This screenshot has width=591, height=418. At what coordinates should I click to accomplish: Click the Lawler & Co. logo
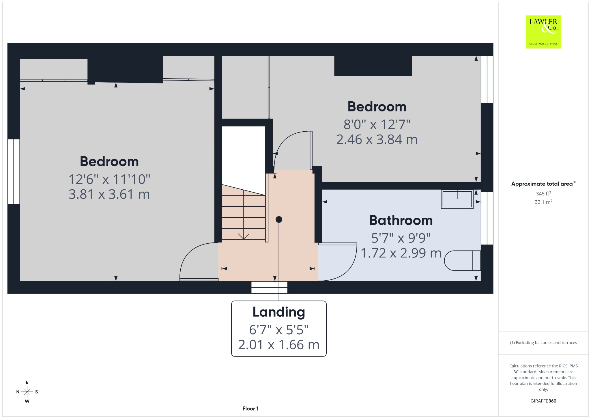click(543, 32)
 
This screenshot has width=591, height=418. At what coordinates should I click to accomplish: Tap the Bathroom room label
click(401, 220)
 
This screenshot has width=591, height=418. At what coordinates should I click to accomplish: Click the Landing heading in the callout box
click(279, 312)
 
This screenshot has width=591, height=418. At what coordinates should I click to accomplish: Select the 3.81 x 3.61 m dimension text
click(109, 194)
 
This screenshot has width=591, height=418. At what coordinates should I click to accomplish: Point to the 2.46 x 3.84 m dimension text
click(377, 139)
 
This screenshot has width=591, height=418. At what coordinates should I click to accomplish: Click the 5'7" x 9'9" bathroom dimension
click(401, 238)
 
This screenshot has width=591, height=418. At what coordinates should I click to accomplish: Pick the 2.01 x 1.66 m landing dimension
click(279, 345)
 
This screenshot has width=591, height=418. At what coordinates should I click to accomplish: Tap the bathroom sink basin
click(457, 199)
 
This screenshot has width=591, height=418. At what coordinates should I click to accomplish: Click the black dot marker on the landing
click(279, 220)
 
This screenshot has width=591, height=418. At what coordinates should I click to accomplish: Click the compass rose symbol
click(27, 392)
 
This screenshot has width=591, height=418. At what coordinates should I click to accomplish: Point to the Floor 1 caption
click(250, 408)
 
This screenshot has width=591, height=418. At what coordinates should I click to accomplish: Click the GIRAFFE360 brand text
click(543, 401)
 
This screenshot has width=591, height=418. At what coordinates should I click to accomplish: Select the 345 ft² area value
click(543, 193)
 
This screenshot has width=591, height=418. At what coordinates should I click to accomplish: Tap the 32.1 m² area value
click(543, 202)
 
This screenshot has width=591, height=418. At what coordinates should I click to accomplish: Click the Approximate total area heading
click(543, 184)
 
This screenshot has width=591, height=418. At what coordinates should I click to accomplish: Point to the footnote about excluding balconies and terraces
click(543, 343)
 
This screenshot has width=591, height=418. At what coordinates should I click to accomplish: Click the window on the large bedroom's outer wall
click(14, 171)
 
